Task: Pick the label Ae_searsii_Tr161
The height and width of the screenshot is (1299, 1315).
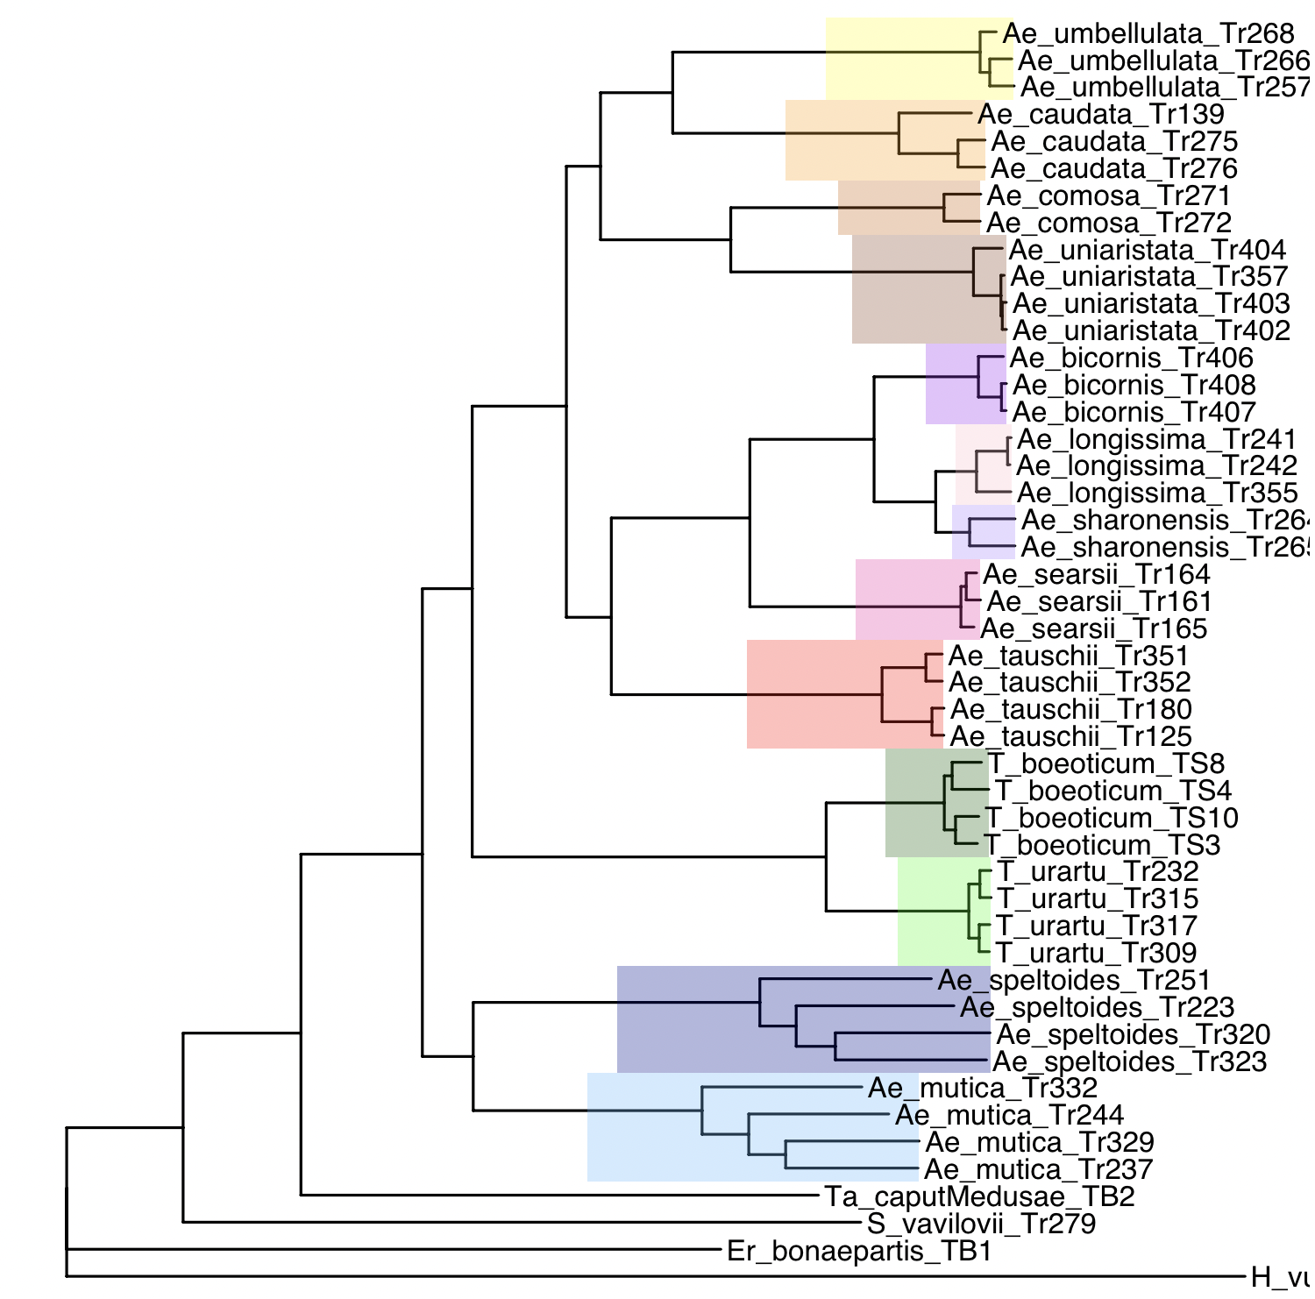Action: (1098, 601)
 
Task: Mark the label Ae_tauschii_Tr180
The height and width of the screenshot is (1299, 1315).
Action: (1070, 709)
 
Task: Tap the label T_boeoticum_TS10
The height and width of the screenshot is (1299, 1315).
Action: (1112, 818)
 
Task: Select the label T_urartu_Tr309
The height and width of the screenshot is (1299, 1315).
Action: (1096, 953)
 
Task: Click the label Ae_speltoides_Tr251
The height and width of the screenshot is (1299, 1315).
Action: (1074, 980)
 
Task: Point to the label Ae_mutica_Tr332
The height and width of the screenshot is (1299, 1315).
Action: (982, 1089)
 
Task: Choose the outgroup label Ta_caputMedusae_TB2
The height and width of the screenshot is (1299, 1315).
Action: (979, 1196)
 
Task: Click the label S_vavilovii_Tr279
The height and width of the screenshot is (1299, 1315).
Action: (981, 1224)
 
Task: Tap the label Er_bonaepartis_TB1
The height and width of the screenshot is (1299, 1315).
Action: (859, 1251)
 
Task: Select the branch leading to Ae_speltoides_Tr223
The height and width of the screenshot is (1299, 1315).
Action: (877, 1007)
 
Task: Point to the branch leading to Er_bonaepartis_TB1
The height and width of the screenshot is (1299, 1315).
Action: (394, 1249)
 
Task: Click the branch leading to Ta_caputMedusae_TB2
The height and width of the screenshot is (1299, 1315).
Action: (561, 1194)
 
